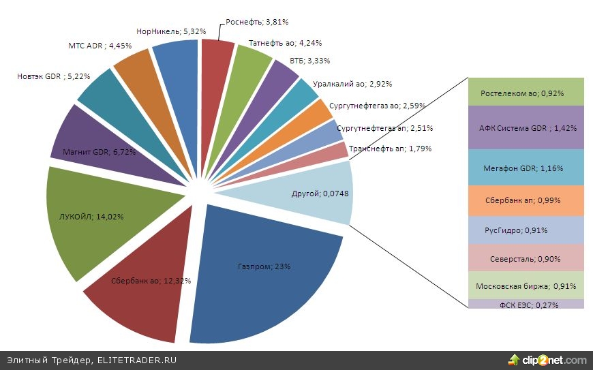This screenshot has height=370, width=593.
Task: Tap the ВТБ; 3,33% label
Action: click(x=309, y=61)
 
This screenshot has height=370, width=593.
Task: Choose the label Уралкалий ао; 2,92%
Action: click(x=348, y=84)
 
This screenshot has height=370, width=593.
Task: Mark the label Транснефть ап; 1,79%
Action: click(x=389, y=149)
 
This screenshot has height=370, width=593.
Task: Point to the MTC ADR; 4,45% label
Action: click(x=100, y=46)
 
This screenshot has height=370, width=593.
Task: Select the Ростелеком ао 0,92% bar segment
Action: click(x=527, y=93)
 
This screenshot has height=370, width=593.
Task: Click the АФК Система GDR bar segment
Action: click(x=527, y=127)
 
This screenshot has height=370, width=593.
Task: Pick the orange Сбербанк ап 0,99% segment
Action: click(x=527, y=201)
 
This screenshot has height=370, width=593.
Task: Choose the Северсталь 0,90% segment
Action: click(x=527, y=260)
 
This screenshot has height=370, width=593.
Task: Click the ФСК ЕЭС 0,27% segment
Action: click(x=527, y=305)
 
